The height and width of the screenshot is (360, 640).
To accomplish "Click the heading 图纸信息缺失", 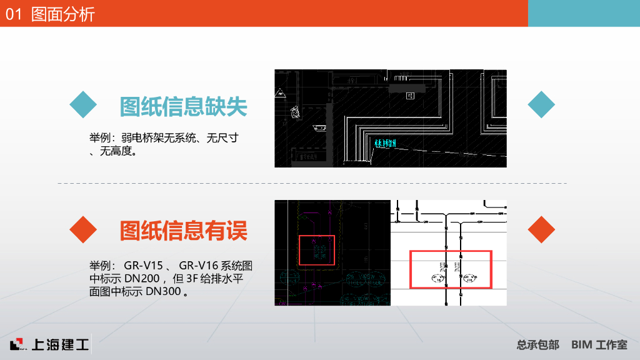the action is [183, 107].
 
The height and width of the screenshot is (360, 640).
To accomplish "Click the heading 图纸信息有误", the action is [183, 230].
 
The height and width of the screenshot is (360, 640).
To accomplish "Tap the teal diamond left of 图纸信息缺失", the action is [82, 104].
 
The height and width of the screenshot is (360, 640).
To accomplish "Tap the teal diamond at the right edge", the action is [541, 104].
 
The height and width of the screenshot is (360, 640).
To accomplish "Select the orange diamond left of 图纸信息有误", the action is [82, 229].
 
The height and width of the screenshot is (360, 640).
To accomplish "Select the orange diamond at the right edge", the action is [541, 229].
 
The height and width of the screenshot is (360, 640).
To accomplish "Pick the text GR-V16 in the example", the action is [199, 267].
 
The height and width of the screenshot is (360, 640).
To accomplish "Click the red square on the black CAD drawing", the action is [317, 249].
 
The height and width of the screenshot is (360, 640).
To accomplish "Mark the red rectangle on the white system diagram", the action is [451, 269].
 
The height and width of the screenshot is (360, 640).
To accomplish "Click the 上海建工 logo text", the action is [59, 344].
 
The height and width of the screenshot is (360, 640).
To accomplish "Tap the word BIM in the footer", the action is [581, 344].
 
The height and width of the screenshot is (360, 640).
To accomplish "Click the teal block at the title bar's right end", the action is [584, 13].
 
